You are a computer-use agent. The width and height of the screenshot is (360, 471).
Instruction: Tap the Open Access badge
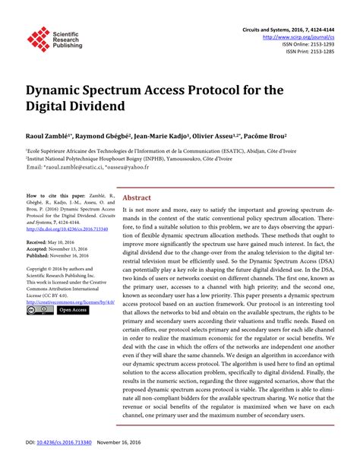(x=73, y=310)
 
